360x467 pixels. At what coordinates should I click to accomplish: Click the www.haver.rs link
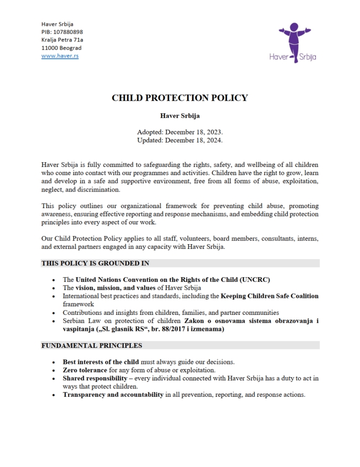click(60, 56)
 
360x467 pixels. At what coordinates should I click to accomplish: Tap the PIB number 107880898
click(68, 32)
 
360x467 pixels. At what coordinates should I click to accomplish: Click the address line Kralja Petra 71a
click(62, 40)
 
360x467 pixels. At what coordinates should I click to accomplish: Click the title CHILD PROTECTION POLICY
click(180, 98)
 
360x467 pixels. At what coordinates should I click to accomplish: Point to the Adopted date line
click(180, 132)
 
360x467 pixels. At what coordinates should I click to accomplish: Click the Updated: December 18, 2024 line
click(180, 140)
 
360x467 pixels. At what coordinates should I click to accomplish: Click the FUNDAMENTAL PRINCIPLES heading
click(91, 345)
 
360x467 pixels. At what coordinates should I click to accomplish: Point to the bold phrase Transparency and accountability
click(113, 395)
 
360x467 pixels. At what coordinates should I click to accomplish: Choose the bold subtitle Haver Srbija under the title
click(180, 115)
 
